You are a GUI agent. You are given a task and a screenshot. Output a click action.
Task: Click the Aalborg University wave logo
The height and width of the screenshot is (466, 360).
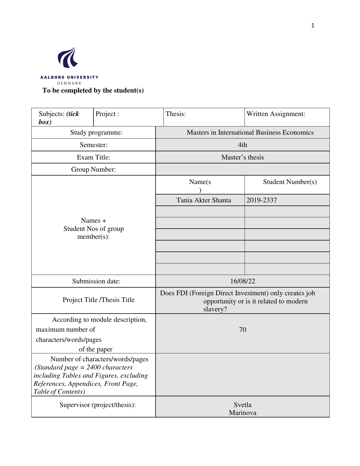(68, 58)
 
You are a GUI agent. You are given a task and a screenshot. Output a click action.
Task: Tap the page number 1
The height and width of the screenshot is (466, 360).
(313, 26)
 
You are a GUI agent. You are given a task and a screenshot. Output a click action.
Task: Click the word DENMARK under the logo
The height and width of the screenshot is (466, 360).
(69, 83)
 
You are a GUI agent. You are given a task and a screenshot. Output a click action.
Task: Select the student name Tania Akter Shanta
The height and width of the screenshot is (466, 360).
(204, 200)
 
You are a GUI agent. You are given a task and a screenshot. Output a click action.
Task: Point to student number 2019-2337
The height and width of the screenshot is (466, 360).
(261, 200)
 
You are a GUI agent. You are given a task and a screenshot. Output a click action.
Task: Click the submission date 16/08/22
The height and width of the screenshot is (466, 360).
(243, 281)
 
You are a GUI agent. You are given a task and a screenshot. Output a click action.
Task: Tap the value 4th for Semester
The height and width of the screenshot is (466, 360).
(243, 145)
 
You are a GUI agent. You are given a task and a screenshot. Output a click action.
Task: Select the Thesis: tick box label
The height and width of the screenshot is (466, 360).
(176, 114)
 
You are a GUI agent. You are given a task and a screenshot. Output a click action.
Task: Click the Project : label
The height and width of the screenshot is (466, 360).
(107, 114)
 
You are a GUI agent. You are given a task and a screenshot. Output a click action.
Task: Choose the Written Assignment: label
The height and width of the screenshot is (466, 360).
(276, 114)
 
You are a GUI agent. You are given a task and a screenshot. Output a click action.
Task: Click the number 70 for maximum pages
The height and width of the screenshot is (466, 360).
(243, 330)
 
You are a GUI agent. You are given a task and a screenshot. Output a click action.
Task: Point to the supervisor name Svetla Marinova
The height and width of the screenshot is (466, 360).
(243, 409)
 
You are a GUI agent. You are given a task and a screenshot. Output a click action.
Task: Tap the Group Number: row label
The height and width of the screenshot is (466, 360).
(93, 169)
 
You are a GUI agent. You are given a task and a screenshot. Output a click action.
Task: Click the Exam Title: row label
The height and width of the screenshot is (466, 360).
(93, 157)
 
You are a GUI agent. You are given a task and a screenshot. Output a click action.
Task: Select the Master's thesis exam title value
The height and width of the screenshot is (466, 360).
(243, 157)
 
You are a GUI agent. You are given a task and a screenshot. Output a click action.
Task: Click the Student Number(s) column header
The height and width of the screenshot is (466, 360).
(290, 182)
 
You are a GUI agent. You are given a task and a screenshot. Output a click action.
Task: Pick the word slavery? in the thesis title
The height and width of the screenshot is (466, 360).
(215, 309)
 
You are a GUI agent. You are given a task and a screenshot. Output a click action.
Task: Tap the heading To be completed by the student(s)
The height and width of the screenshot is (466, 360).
(93, 91)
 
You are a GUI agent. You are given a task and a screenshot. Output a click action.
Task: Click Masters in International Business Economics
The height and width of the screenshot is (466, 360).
(250, 133)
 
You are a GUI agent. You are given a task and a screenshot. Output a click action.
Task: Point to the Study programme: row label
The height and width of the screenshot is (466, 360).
(96, 133)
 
